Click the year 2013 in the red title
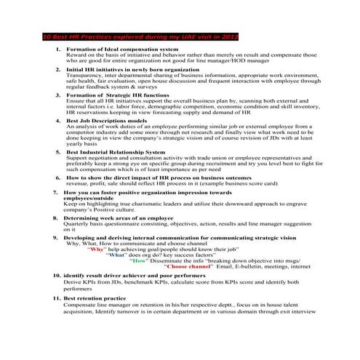click(x=229, y=36)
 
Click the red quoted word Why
click(x=96, y=249)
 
